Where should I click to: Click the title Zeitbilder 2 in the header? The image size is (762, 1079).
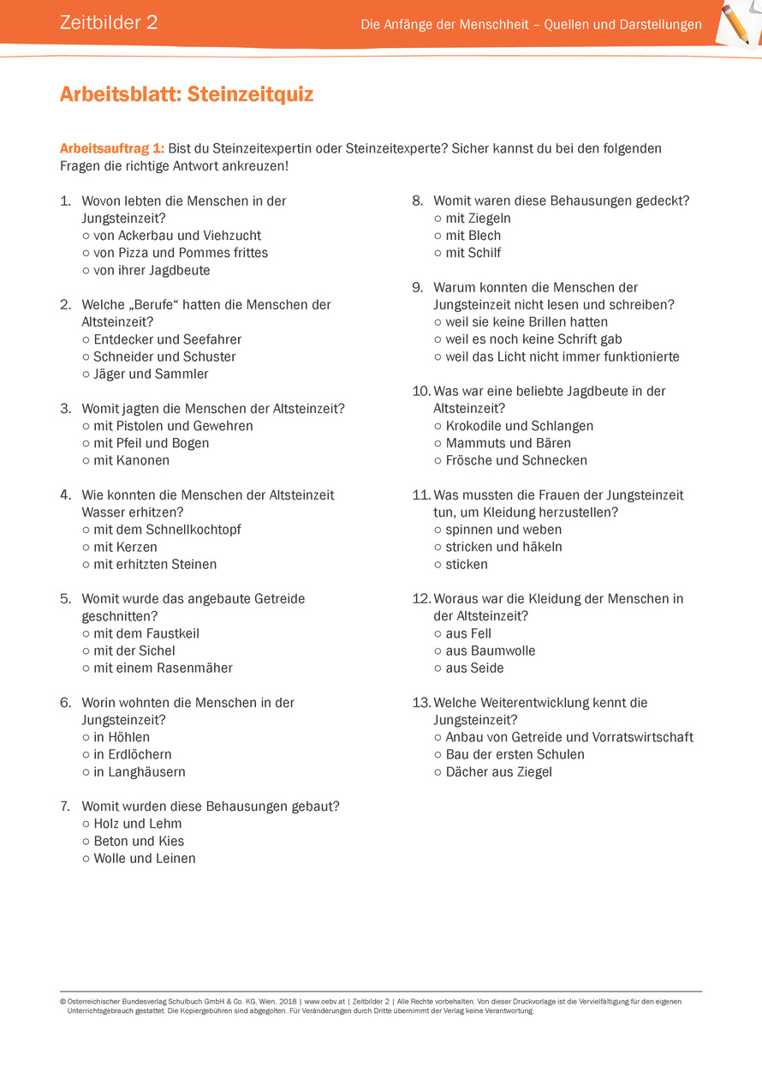click(x=109, y=23)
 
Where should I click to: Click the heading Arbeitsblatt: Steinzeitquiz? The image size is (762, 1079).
click(x=187, y=94)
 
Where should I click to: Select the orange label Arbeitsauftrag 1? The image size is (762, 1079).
click(x=111, y=148)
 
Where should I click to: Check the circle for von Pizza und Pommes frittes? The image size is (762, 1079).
click(x=86, y=254)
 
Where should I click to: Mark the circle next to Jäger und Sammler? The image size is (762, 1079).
click(x=86, y=375)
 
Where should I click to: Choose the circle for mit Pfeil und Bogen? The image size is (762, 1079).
click(x=86, y=444)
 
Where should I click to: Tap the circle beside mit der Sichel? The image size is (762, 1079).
click(x=86, y=651)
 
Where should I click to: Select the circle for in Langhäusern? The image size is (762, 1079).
click(x=86, y=772)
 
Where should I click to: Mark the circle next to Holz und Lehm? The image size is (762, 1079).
click(x=86, y=824)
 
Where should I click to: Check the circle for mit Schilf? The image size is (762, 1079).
click(x=438, y=254)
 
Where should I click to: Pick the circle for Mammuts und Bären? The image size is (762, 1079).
click(x=438, y=444)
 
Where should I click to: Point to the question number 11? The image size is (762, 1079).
click(x=420, y=495)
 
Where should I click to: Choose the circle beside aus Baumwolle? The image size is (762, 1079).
click(x=438, y=651)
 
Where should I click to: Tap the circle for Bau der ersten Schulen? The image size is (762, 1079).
click(x=438, y=755)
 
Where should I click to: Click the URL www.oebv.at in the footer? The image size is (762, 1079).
click(x=324, y=1001)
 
